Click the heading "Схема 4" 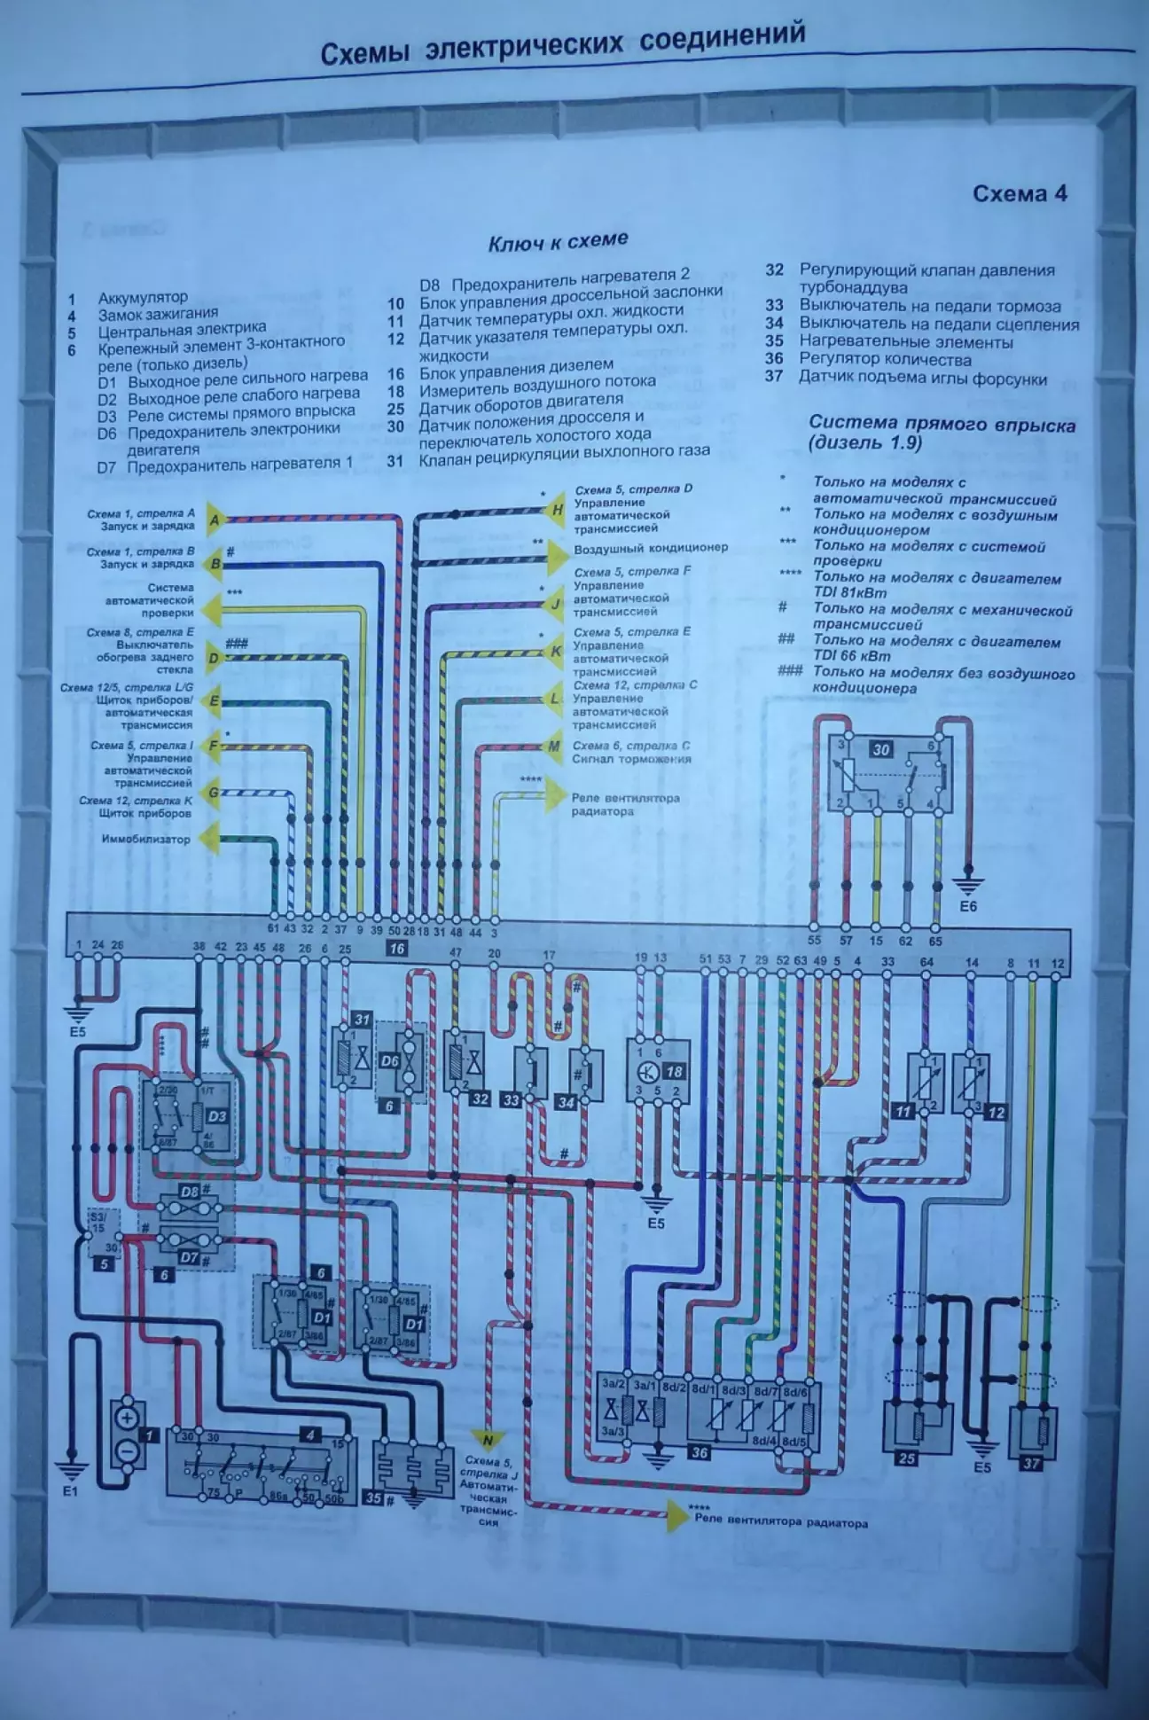1020,194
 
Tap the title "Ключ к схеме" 558,240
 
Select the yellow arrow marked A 215,520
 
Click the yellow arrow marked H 558,509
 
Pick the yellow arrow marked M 555,747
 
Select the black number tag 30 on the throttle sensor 880,749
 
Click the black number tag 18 674,1072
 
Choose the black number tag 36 699,1452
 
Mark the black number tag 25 905,1458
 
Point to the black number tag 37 1030,1463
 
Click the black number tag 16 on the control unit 395,949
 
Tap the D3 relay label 216,1115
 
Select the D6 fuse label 389,1060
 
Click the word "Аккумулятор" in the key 143,298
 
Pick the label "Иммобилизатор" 146,839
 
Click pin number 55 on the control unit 814,941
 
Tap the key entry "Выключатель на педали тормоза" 929,306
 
